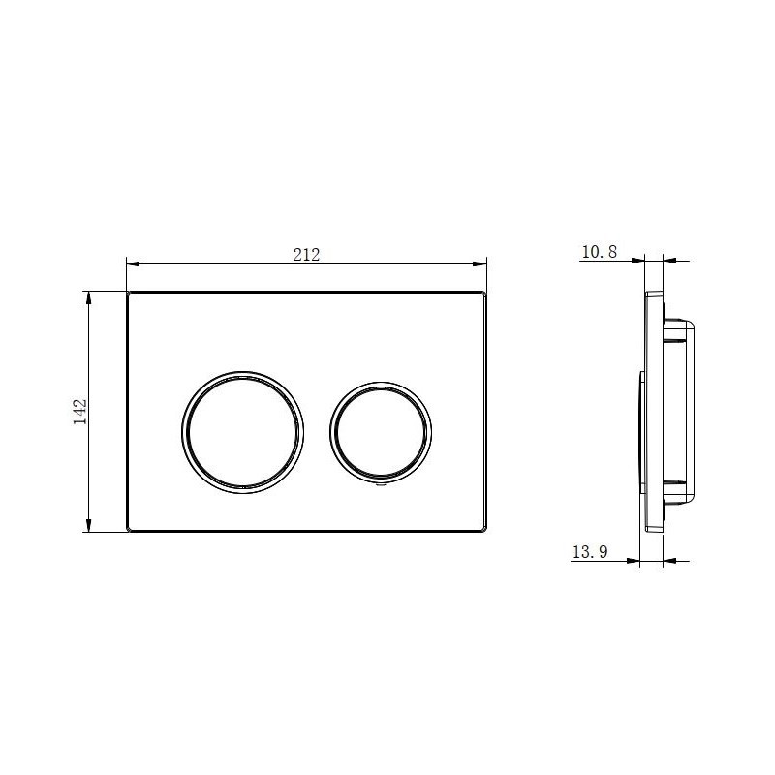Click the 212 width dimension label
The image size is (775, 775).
tap(306, 255)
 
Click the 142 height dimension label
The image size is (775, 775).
tap(80, 411)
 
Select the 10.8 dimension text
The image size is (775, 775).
tap(600, 252)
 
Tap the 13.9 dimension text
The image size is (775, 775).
tap(590, 551)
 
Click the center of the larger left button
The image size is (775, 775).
tap(243, 432)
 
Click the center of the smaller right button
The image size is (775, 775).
tap(381, 432)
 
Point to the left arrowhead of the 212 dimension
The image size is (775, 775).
tap(134, 263)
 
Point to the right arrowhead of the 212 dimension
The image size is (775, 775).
tap(480, 263)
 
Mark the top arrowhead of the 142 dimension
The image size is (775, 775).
tap(89, 298)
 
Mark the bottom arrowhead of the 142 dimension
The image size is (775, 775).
tap(89, 525)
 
